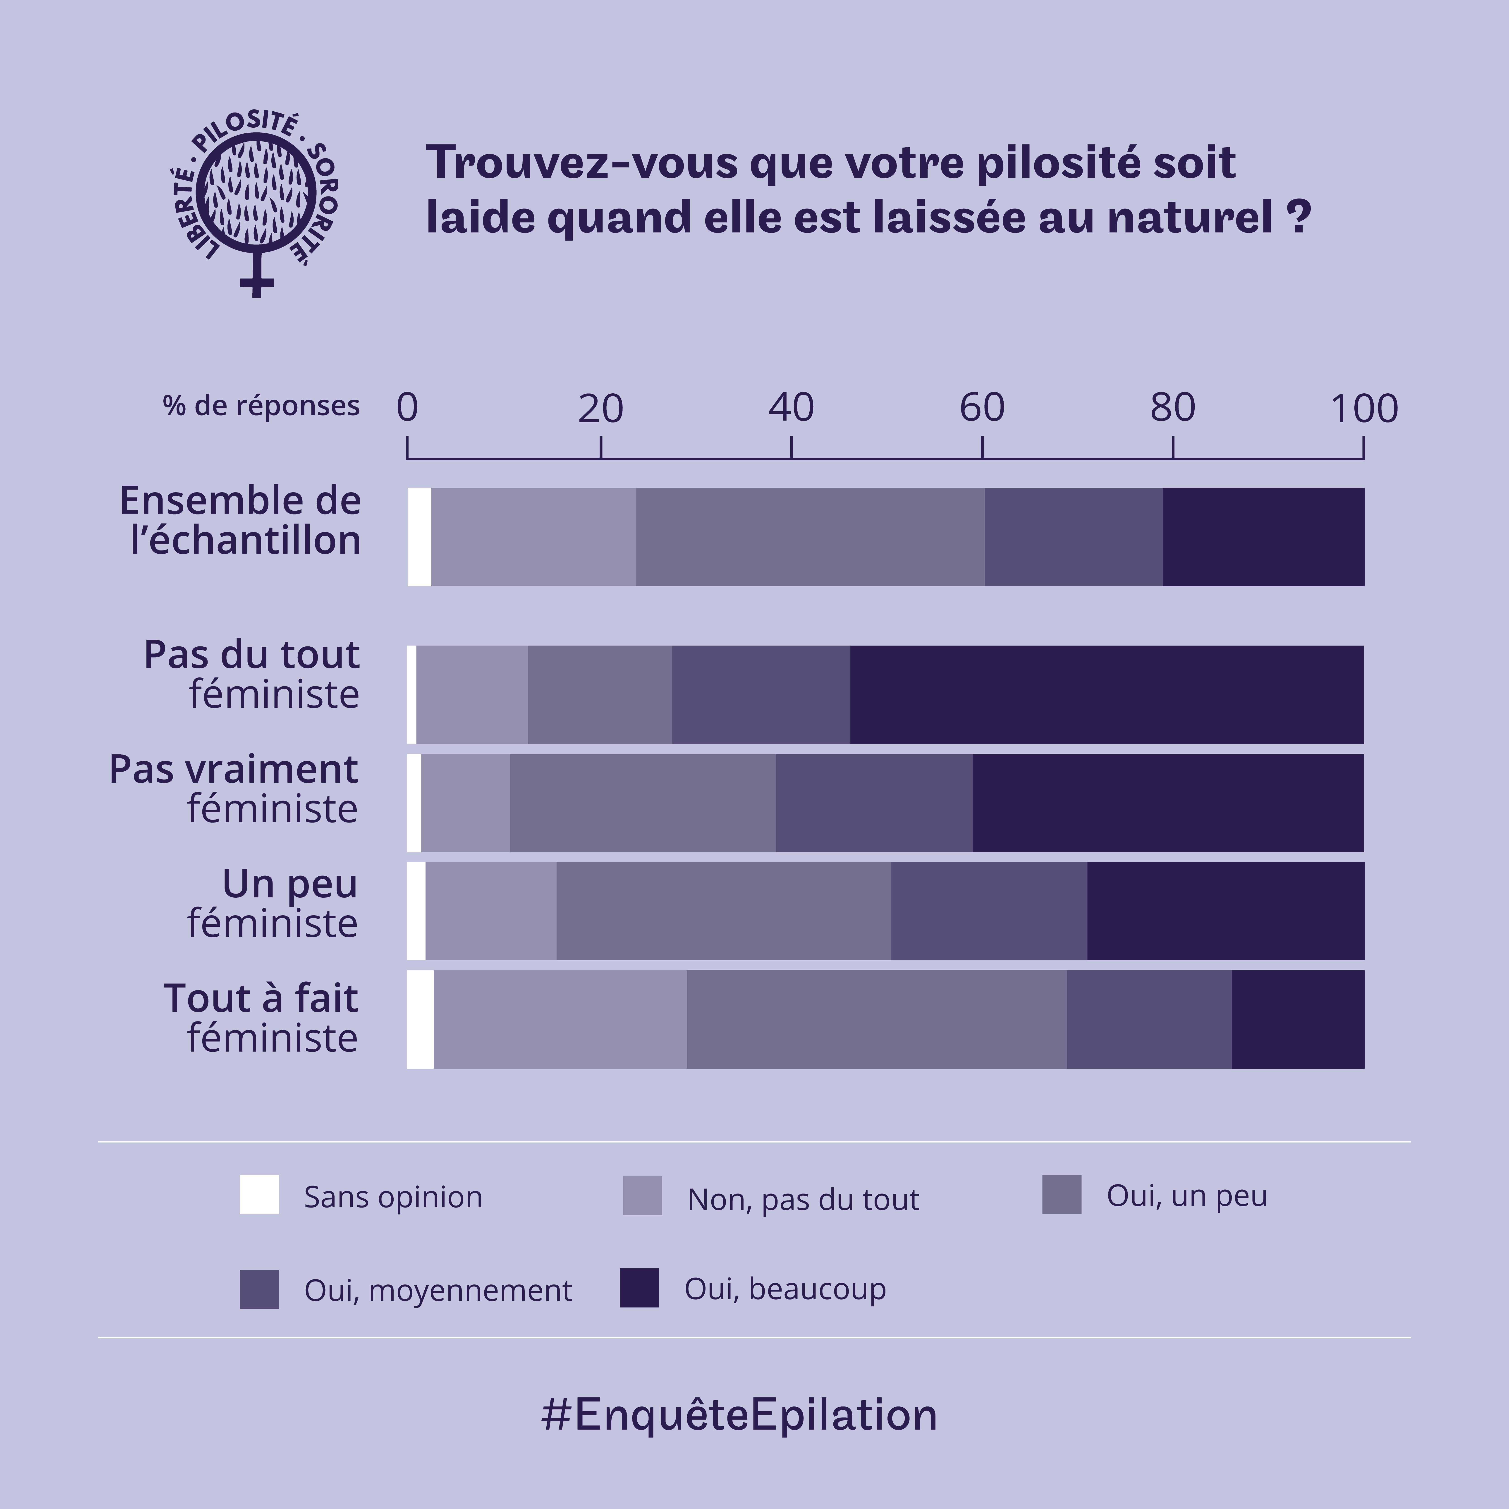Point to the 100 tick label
1364,409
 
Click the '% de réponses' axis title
261,406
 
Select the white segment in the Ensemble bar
419,537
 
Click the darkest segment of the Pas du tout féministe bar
1106,694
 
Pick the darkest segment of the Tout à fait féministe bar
1297,1019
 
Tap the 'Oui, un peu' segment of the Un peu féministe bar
723,911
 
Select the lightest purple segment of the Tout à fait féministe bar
560,1019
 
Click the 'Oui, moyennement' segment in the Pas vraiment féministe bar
874,803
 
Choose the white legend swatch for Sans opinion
259,1195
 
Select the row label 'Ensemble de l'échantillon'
241,520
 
